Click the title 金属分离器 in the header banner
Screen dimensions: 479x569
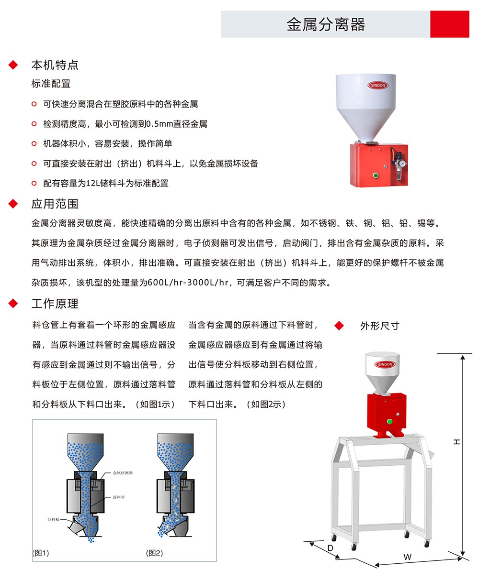[326, 24]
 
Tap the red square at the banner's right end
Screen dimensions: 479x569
[450, 24]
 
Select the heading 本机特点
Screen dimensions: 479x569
[55, 65]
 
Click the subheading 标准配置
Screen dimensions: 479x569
[51, 84]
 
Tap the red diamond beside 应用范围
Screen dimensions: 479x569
[13, 204]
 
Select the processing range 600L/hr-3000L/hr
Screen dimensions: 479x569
[188, 282]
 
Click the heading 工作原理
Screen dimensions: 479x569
[55, 304]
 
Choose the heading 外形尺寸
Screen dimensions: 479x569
[380, 326]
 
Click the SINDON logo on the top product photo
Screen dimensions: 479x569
[378, 85]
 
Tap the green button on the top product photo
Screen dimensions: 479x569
[376, 175]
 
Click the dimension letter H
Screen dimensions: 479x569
[456, 442]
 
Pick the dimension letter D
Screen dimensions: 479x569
[331, 548]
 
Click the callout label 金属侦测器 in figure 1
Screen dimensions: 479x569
[123, 473]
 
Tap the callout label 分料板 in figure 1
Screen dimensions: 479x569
[54, 519]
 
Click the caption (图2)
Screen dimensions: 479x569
[154, 553]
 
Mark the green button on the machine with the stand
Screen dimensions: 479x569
[389, 422]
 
